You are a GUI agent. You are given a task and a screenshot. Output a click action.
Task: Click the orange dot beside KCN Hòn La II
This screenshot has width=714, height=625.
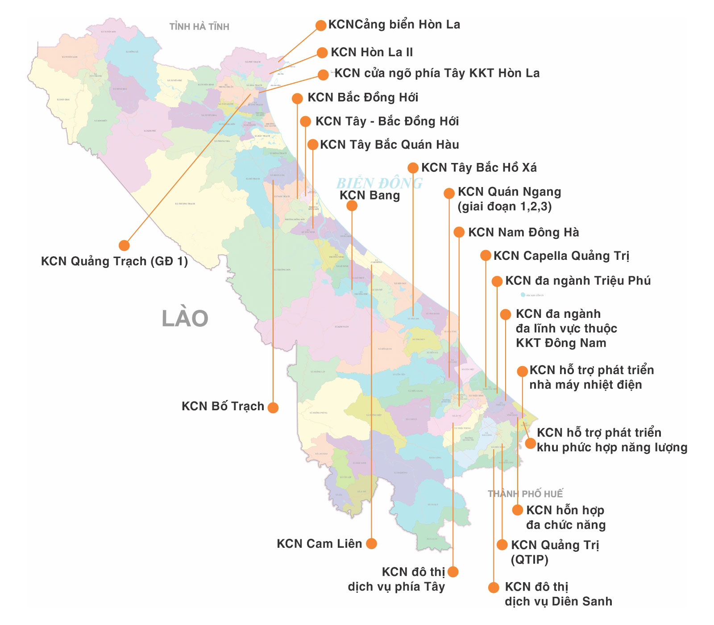click(x=322, y=53)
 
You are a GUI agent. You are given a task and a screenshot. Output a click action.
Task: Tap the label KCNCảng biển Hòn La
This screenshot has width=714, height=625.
click(x=394, y=25)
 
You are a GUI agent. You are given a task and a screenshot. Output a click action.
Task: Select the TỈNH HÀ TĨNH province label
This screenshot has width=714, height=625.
click(x=199, y=27)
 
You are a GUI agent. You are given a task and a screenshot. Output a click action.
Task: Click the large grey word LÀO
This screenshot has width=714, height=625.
click(x=185, y=319)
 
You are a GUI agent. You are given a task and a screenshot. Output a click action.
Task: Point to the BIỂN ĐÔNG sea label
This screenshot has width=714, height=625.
click(x=379, y=183)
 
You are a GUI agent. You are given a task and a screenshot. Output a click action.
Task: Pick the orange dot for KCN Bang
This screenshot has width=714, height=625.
click(x=352, y=205)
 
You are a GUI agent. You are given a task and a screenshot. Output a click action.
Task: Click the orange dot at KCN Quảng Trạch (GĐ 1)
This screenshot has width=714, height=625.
click(x=124, y=245)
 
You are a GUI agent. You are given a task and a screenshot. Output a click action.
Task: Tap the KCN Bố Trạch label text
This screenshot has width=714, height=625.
click(x=223, y=406)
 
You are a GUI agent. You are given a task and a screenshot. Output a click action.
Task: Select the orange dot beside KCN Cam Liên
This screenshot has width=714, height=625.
click(x=371, y=543)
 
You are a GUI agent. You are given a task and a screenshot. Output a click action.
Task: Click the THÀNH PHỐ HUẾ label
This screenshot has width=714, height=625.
click(x=525, y=494)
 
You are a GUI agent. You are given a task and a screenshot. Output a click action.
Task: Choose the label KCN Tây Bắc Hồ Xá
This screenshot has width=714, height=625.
click(x=479, y=168)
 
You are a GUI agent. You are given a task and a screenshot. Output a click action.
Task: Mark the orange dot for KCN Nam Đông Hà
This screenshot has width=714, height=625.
click(x=459, y=232)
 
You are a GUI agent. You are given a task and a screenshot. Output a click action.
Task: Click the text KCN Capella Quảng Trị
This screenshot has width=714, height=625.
click(x=561, y=256)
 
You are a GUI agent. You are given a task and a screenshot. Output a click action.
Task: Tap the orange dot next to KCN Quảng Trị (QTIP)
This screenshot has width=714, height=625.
click(x=502, y=545)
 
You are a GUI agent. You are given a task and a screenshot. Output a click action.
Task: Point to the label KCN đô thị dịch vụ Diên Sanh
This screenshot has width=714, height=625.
click(x=558, y=594)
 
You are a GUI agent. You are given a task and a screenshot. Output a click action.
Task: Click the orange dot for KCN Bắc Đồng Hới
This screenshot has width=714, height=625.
click(x=297, y=98)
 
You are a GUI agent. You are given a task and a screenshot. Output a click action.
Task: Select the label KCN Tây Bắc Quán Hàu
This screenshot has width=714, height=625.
click(x=389, y=145)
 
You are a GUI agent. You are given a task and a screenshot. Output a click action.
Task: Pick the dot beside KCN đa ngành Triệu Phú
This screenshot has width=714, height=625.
click(x=497, y=281)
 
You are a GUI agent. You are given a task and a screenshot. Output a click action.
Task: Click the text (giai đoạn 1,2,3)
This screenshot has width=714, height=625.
click(x=504, y=207)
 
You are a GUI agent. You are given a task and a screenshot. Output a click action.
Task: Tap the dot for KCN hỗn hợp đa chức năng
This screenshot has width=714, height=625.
click(x=518, y=510)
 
